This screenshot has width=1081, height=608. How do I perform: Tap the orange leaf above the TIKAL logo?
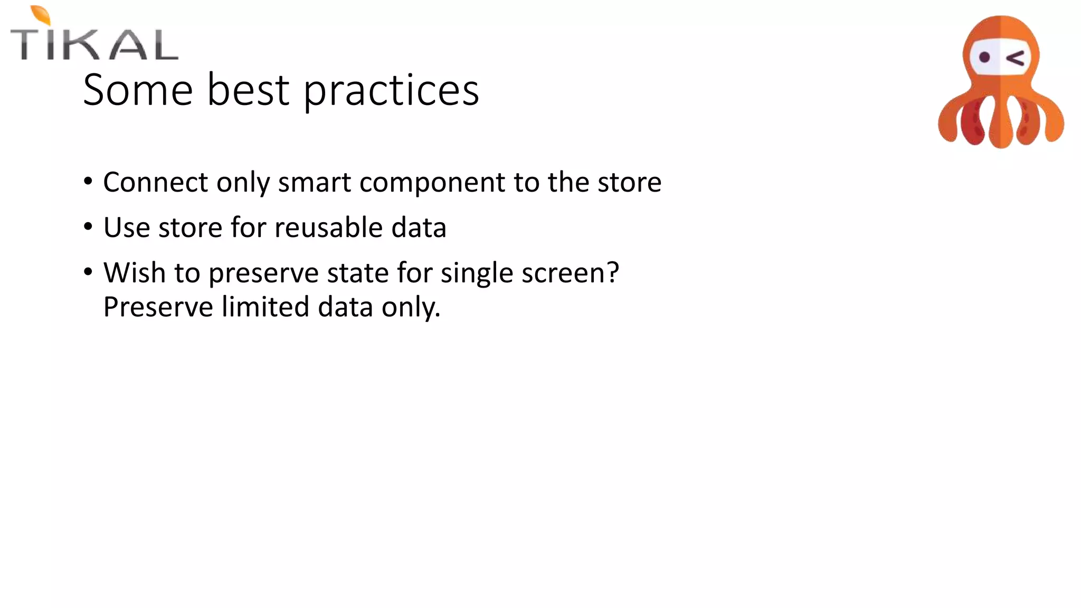pyautogui.click(x=41, y=15)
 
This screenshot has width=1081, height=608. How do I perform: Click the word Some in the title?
pyautogui.click(x=138, y=90)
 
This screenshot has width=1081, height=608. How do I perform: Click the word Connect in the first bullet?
pyautogui.click(x=156, y=182)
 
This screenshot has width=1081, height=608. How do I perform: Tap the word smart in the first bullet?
pyautogui.click(x=315, y=182)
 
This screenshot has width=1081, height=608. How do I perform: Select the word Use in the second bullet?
pyautogui.click(x=127, y=227)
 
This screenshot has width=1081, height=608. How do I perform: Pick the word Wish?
pyautogui.click(x=135, y=273)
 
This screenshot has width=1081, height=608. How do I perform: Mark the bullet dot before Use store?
pyautogui.click(x=88, y=227)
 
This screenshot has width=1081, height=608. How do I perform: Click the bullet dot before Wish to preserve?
pyautogui.click(x=88, y=272)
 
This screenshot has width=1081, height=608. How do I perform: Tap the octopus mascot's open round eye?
pyautogui.click(x=984, y=57)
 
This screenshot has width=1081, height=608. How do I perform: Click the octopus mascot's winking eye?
pyautogui.click(x=1016, y=58)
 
